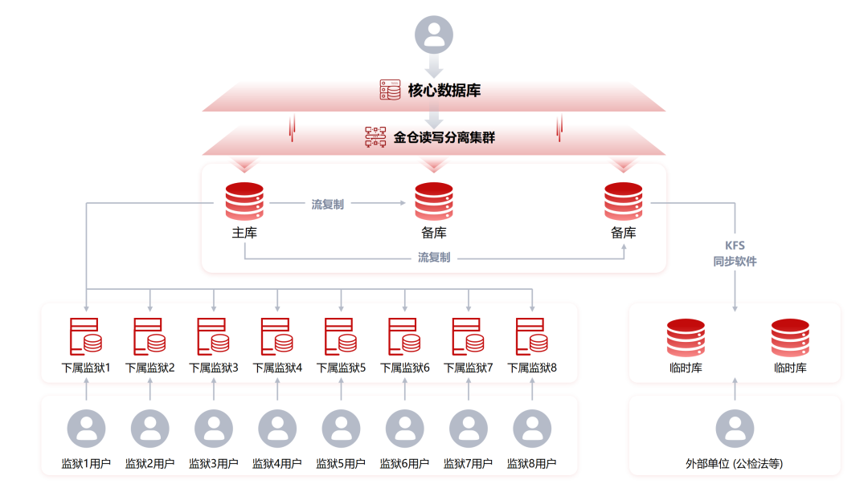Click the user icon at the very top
tap(433, 35)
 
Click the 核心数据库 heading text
tap(444, 90)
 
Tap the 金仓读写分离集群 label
tap(444, 137)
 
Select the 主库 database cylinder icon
tap(244, 201)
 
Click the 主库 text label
tap(244, 233)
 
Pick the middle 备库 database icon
tap(434, 201)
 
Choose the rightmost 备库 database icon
tap(623, 201)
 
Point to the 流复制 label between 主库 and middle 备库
tap(327, 205)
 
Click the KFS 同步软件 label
tap(735, 253)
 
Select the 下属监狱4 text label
tap(277, 368)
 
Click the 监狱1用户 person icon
tap(86, 429)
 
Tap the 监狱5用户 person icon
tap(341, 429)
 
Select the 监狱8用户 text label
tap(532, 464)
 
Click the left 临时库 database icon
tap(686, 338)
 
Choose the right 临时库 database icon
tap(790, 338)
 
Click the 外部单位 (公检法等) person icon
tap(735, 429)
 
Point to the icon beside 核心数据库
tap(390, 90)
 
